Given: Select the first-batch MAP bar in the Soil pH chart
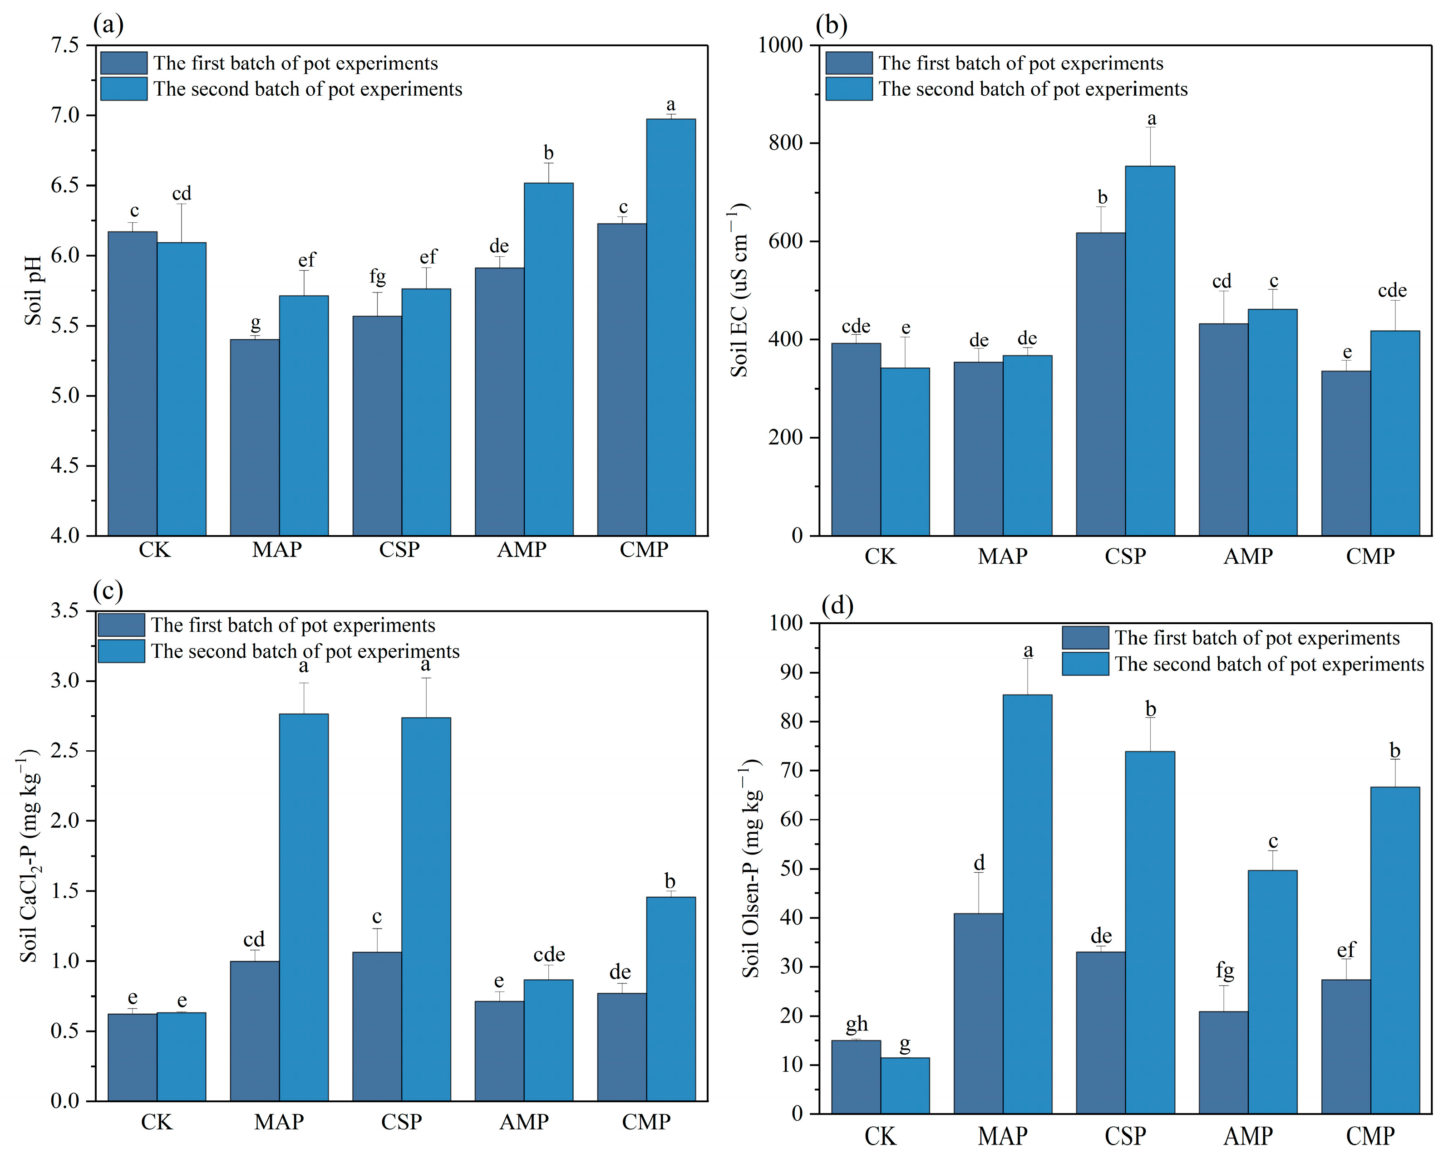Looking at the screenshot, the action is pos(255,438).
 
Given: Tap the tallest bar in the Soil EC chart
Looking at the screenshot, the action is pos(1150,351).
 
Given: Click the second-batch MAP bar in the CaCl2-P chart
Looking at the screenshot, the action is pos(304,907).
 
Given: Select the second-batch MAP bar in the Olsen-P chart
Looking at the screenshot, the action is pos(1027,904).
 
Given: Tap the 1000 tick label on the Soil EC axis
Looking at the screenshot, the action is pos(780,45).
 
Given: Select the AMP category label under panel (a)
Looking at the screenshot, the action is pos(522,550).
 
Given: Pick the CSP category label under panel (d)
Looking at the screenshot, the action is pos(1125,1136).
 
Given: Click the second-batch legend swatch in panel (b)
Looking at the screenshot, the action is pos(849,89).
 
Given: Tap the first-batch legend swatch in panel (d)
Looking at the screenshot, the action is pos(1085,638).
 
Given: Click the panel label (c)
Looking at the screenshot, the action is pos(108,591).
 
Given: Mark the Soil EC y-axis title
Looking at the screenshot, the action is pos(739,290).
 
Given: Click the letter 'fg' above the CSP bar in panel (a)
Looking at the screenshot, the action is pos(378,276).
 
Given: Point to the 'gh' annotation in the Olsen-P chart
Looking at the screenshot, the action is pos(857,1024).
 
